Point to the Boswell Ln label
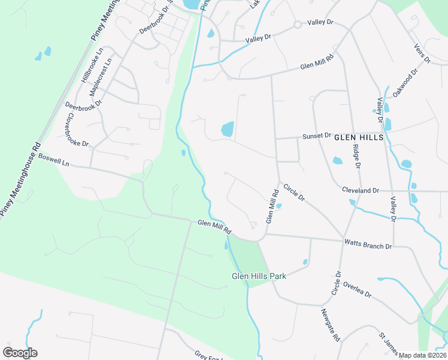[54, 159]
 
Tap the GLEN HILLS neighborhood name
[358, 137]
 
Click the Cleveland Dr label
[361, 190]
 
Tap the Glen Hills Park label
[259, 276]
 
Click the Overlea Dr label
[358, 290]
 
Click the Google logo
[20, 353]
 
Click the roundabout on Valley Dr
[297, 25]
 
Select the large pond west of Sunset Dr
[228, 128]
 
